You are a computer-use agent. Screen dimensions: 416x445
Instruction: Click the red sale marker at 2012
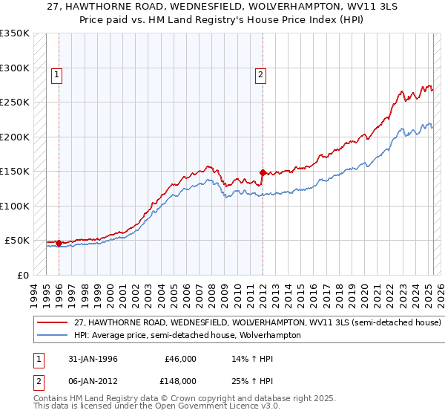point(263,172)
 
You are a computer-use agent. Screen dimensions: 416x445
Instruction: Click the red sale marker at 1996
point(59,243)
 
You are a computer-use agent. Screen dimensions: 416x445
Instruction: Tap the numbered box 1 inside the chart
point(57,74)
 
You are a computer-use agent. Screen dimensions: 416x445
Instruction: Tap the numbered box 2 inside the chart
point(261,74)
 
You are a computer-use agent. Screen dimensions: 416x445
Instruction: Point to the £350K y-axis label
point(15,33)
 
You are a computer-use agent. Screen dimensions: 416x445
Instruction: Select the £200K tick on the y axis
point(15,137)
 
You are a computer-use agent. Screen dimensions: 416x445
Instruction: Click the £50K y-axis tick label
point(17,241)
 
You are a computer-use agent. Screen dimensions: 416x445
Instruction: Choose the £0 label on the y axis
point(23,275)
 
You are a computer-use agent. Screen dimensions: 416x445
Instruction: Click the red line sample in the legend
point(52,323)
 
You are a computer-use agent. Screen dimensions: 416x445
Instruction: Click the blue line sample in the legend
point(52,335)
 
